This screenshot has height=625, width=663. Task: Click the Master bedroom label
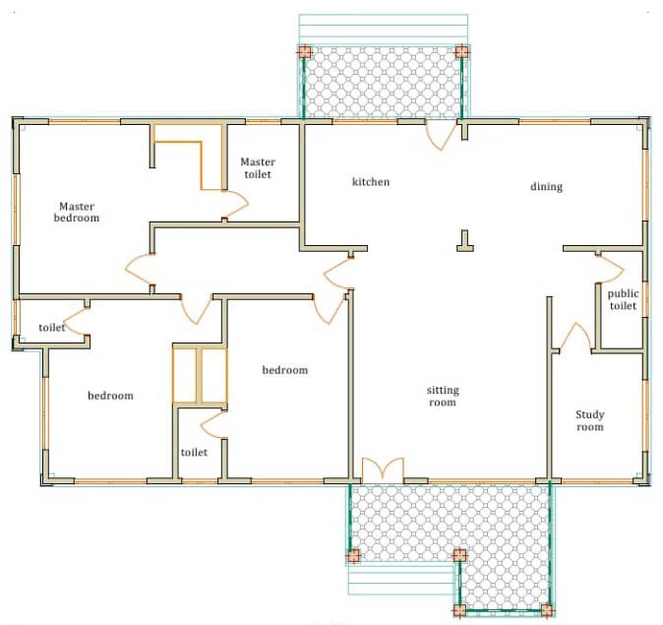coord(77,212)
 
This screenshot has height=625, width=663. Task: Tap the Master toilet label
coord(258,168)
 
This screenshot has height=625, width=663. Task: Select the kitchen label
coord(371,182)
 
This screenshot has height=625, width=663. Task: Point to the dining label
coord(546,187)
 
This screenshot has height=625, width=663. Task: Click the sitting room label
coord(443,396)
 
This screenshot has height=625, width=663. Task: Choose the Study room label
coord(590,420)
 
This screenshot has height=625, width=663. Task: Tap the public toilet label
coord(623,299)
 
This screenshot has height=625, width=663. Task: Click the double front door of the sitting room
coord(383,469)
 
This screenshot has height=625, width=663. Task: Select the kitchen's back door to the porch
coord(441,136)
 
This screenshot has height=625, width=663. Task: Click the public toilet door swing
coord(611,269)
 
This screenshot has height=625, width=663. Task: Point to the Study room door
coord(574,338)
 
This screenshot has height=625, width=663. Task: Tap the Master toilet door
coord(236,205)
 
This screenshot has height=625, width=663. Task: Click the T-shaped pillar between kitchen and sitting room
coord(465,241)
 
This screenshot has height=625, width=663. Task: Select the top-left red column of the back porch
coord(304,51)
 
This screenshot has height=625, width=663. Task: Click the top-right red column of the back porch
coord(461,51)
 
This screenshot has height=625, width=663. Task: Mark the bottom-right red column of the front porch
coord(547,610)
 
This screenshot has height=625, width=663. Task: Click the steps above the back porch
coord(384,30)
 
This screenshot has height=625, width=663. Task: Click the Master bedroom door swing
coord(139,269)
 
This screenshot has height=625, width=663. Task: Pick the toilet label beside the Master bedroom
coord(51,328)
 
